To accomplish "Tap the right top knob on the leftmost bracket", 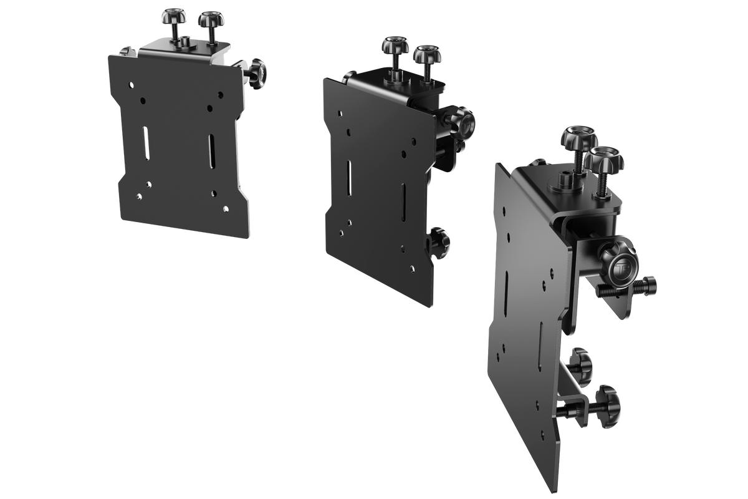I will pos(211,19).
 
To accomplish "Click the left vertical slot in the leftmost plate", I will pos(146,143).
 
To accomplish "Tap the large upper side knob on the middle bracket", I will pos(463,122).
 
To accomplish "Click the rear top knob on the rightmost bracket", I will pos(578,136).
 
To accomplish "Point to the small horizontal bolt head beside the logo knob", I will pos(650,286).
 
